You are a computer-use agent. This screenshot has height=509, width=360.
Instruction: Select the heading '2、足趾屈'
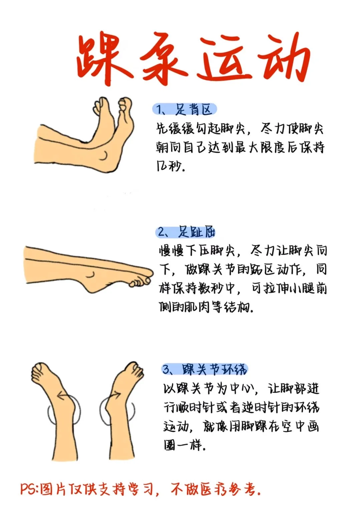pyautogui.click(x=186, y=232)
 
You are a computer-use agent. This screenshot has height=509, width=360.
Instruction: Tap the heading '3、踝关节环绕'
pyautogui.click(x=205, y=369)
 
